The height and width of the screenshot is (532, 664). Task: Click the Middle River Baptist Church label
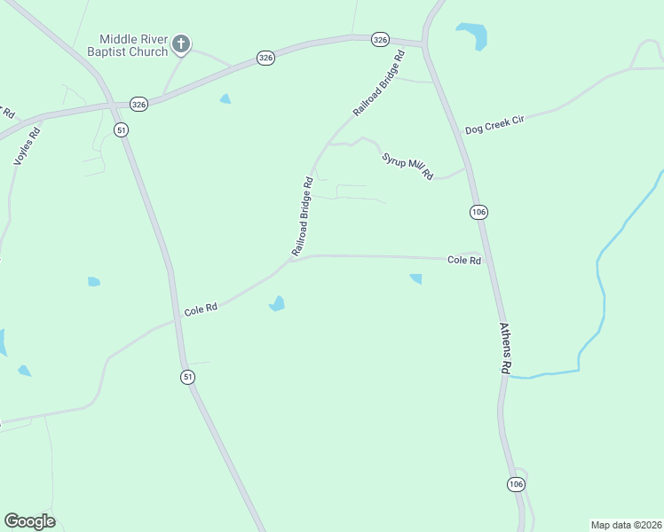(x=133, y=45)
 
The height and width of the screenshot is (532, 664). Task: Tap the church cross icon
(x=180, y=43)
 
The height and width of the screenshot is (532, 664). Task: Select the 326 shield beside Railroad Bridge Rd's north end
(x=380, y=39)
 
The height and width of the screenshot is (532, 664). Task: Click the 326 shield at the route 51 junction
(x=138, y=104)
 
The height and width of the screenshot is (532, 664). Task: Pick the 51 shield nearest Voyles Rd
(x=122, y=129)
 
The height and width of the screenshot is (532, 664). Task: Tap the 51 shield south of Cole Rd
(x=187, y=377)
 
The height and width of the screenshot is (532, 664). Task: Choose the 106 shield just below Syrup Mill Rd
(x=478, y=212)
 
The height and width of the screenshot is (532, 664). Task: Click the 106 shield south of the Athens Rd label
(x=516, y=483)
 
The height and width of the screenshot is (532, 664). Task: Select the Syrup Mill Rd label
(x=407, y=166)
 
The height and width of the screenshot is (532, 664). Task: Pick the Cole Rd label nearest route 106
(x=464, y=260)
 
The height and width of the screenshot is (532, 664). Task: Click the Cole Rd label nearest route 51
(x=201, y=309)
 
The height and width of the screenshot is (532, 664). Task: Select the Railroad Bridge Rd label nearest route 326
(x=379, y=83)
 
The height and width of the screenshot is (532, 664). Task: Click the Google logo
(x=29, y=521)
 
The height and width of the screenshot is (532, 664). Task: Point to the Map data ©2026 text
(x=626, y=525)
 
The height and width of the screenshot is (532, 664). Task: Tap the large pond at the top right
(x=473, y=35)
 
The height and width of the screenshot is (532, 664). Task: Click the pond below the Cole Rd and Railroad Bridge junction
(x=278, y=304)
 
